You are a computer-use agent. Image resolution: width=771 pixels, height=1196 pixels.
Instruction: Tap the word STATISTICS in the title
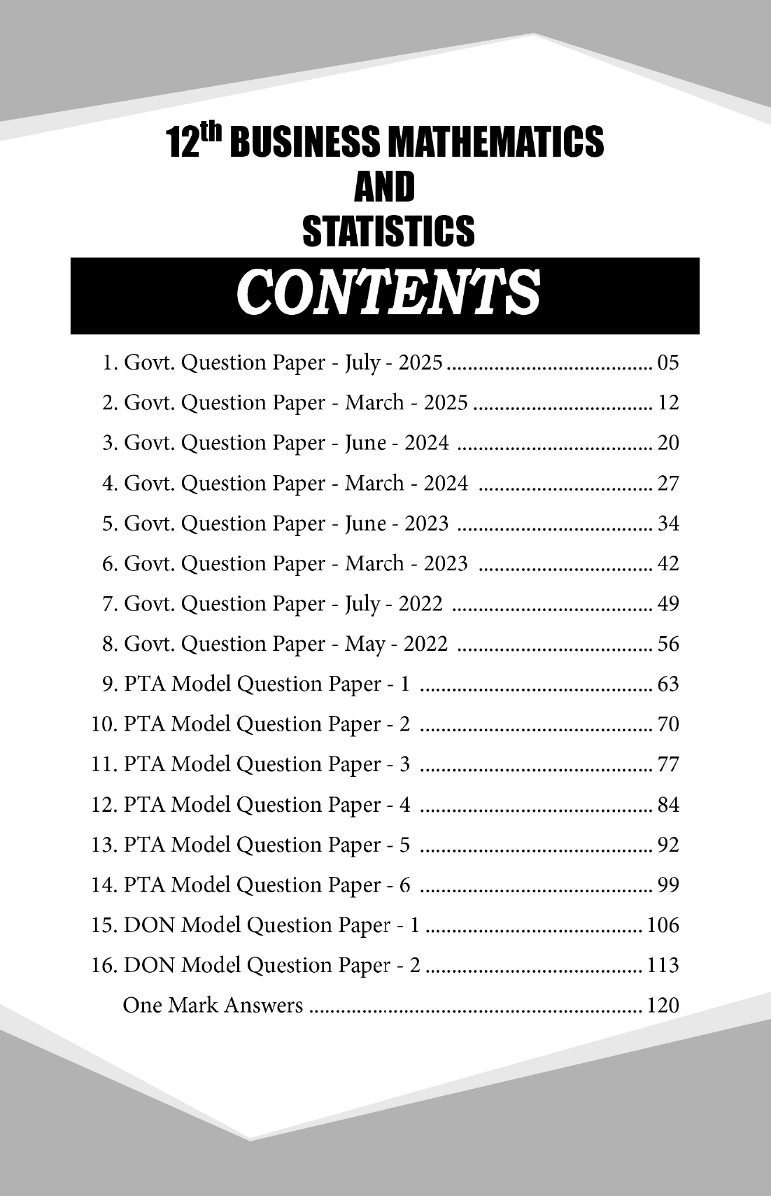coord(388,231)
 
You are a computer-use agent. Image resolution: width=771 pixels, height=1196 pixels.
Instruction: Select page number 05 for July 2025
coord(668,363)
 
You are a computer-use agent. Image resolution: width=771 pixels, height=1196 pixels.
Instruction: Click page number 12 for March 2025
coord(668,403)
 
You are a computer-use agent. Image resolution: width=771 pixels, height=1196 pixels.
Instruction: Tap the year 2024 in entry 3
coord(427,443)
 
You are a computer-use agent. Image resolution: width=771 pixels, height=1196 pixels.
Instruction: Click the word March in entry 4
coord(374,483)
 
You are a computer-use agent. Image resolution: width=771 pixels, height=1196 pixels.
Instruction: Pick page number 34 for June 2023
coord(668,523)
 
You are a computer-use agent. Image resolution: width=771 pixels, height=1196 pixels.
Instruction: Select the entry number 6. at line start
coord(110,563)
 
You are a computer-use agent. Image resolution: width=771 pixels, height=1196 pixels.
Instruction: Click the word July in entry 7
coord(362,603)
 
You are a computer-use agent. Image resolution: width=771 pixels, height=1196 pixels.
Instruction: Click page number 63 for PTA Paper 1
coord(668,684)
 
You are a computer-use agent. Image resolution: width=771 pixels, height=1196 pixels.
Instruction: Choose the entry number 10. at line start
coord(105,724)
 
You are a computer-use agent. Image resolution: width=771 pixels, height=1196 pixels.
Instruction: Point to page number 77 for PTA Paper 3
coord(668,764)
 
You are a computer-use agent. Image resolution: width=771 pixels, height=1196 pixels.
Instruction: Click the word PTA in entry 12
coord(145,805)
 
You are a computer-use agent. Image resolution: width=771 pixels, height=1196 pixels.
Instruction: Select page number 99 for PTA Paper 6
coord(668,885)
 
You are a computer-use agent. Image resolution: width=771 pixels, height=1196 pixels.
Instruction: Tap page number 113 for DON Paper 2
coord(663,966)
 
